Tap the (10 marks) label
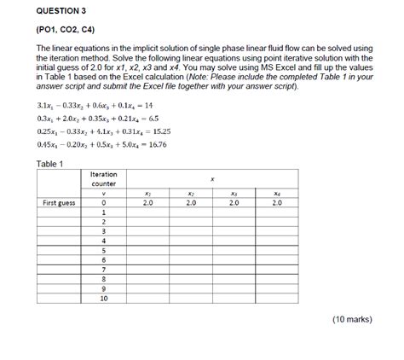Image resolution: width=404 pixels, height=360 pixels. [350, 318]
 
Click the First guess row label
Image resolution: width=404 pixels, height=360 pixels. [60, 204]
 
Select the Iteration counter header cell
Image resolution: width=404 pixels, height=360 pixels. [103, 178]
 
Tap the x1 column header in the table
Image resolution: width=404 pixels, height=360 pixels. [147, 195]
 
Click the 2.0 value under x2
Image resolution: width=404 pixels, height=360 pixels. [190, 204]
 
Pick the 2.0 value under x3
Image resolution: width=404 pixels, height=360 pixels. [234, 204]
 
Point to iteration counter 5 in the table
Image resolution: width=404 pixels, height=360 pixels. [103, 250]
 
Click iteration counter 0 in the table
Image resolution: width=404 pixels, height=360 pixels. [103, 204]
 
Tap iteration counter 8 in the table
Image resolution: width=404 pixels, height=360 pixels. [103, 278]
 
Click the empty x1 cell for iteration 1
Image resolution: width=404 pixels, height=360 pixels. [147, 213]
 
